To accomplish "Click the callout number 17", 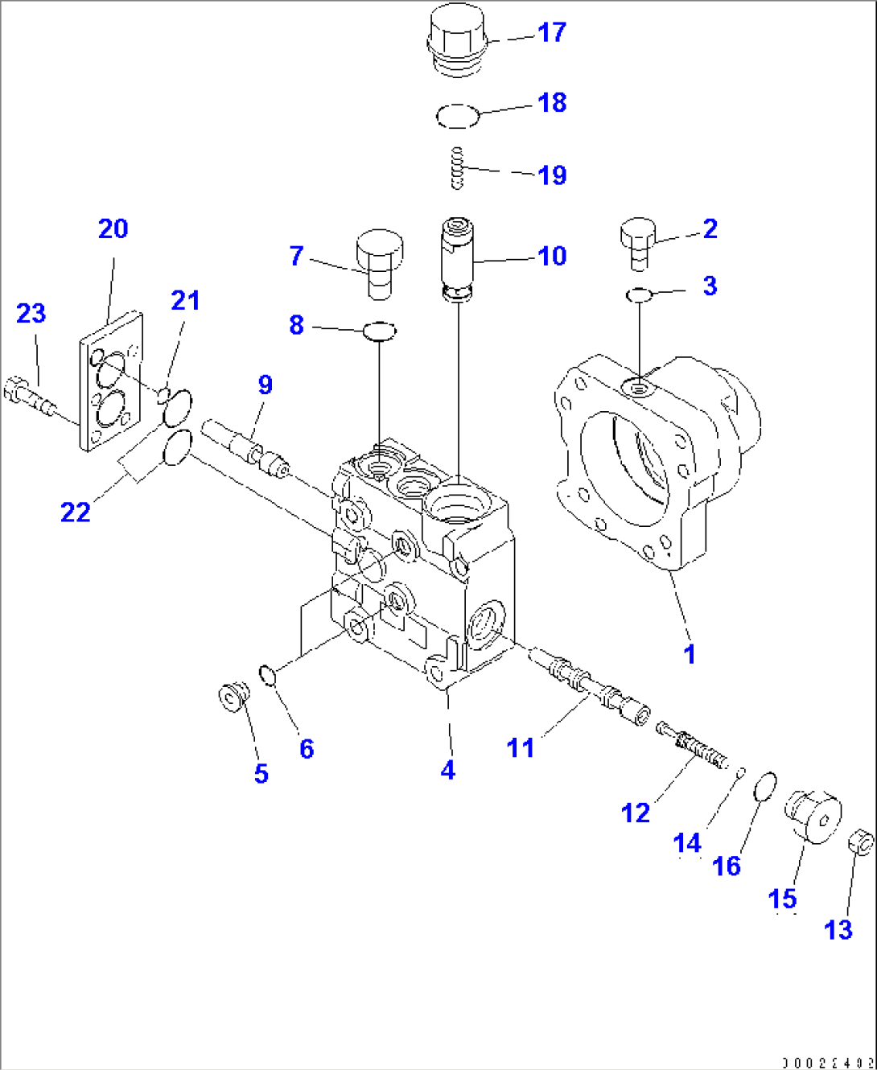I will point(552,32).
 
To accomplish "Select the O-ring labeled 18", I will point(458,116).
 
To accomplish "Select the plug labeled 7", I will point(378,262).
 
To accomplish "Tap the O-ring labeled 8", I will point(379,330).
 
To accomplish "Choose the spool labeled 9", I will point(245,447).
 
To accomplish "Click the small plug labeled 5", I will point(233,696).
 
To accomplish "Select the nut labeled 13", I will point(861,843).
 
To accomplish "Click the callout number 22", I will point(76,512).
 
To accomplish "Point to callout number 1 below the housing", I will point(690,654).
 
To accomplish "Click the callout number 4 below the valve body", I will point(448,770).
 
